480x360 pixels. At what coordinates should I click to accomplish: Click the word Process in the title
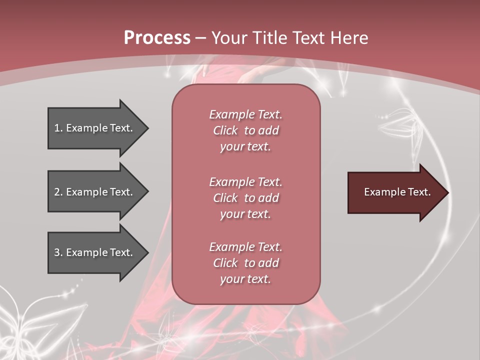157,38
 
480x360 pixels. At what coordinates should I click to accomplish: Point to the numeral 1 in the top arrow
57,128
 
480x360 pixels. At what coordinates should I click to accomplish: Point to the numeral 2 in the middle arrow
57,192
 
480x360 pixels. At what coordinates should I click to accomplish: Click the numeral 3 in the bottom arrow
57,252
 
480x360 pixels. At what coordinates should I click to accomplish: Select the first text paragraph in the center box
245,130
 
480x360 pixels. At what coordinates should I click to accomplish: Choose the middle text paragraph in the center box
245,198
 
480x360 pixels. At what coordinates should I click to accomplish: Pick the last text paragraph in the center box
245,263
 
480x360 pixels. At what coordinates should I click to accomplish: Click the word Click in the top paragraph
225,130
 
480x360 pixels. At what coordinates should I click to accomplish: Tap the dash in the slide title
201,38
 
